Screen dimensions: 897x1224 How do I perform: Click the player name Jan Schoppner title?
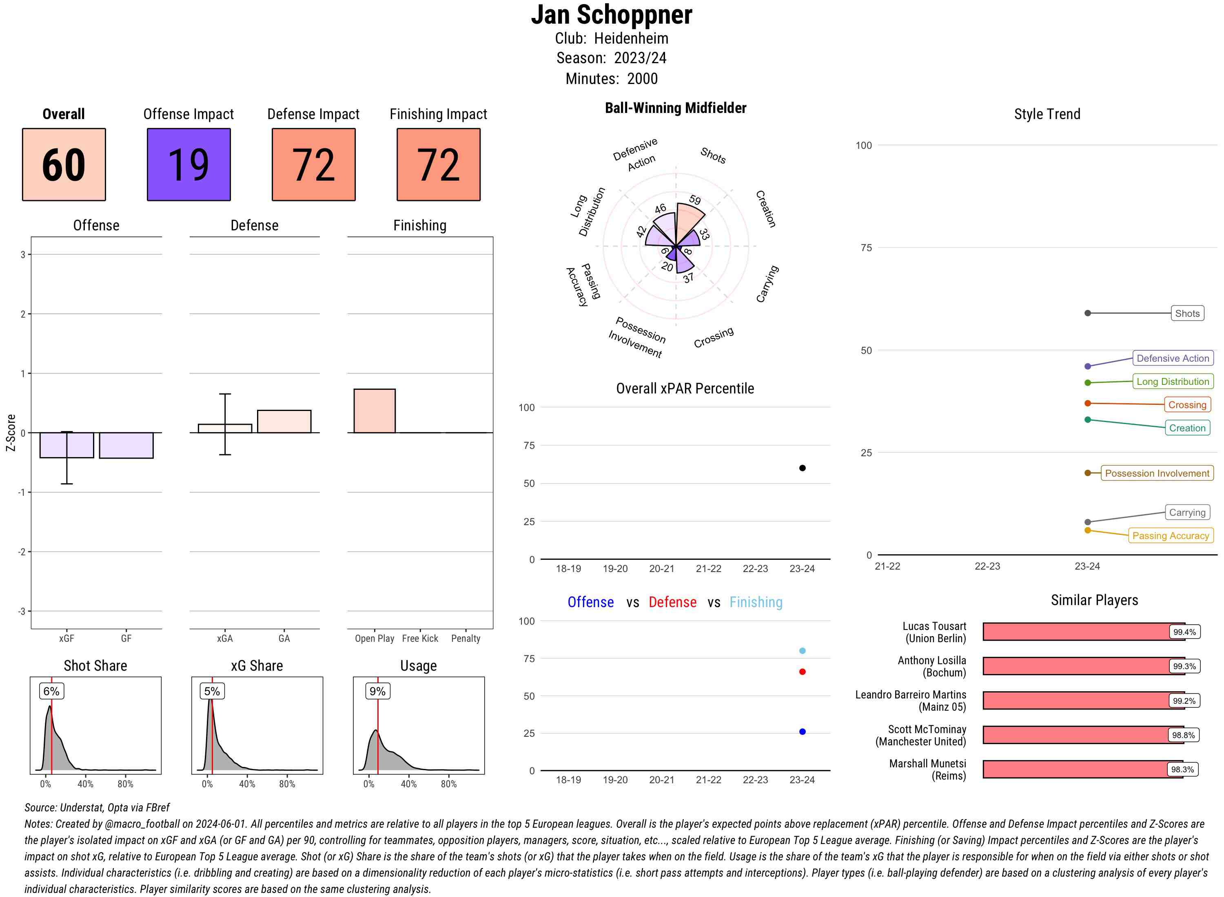point(611,15)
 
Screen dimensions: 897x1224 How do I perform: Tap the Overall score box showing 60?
point(64,165)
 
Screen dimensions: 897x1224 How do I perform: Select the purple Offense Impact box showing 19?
point(188,165)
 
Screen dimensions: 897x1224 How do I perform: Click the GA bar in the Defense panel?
point(284,421)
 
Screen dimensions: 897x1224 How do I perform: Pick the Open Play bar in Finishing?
point(374,411)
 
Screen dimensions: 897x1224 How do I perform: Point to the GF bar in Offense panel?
point(126,445)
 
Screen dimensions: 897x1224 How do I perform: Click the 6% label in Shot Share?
point(51,691)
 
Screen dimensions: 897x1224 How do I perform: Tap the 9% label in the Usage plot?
point(377,691)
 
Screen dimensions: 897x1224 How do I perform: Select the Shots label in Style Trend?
point(1186,313)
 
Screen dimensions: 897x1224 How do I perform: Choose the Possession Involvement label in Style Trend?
point(1157,473)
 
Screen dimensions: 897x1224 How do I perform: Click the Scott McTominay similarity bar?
point(1075,735)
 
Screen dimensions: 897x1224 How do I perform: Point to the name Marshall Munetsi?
point(927,763)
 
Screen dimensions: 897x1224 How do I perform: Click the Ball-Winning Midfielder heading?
point(675,108)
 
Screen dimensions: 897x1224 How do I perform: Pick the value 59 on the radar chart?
point(695,200)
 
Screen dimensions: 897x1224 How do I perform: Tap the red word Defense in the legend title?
point(672,602)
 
